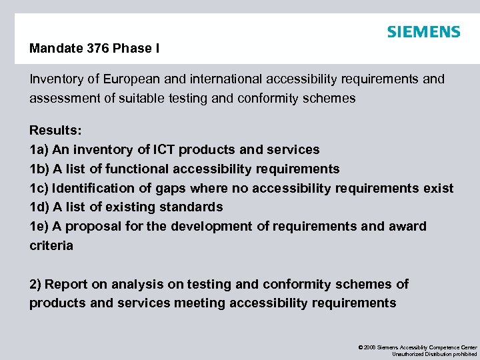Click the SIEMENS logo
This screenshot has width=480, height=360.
tap(423, 32)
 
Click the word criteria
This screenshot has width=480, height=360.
tap(51, 245)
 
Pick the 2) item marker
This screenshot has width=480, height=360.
tap(35, 284)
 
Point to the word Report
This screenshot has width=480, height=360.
tap(67, 284)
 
